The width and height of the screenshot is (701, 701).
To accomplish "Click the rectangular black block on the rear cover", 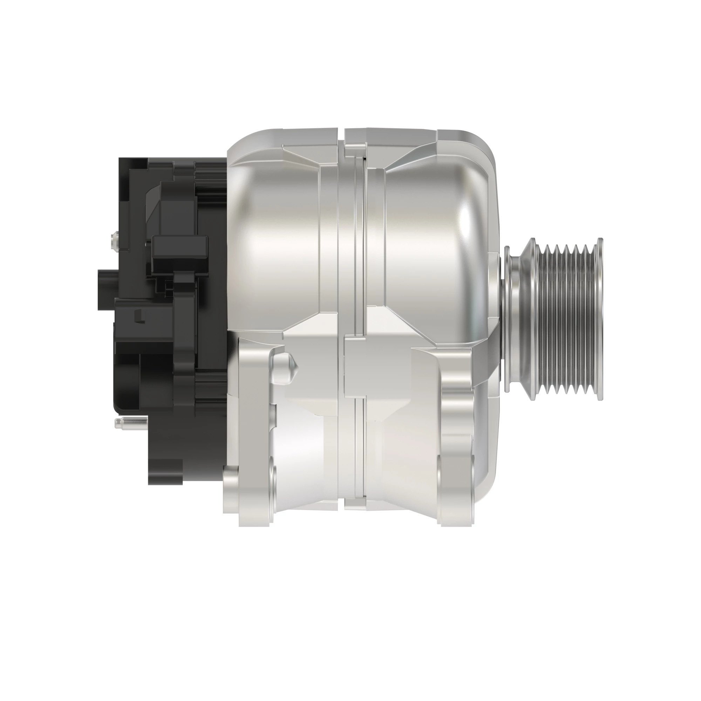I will [180, 254].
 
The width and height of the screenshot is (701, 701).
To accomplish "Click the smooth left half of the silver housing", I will [276, 243].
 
